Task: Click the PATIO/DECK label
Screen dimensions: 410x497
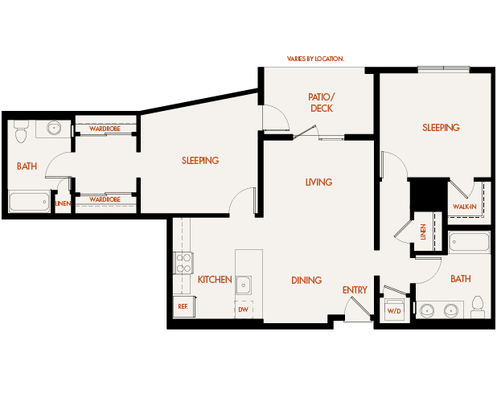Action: click(x=320, y=102)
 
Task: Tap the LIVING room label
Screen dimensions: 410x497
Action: click(x=318, y=182)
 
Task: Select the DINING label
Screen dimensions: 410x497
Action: click(x=306, y=281)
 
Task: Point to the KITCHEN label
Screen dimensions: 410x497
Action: click(x=215, y=280)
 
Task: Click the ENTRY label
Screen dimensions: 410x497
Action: click(x=355, y=290)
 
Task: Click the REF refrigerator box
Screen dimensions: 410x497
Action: click(x=182, y=306)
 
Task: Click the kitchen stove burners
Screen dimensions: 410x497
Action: click(x=183, y=263)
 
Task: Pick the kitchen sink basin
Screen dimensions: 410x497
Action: click(x=244, y=284)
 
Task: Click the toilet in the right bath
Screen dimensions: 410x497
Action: click(x=478, y=306)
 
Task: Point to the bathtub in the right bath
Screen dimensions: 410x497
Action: click(x=469, y=242)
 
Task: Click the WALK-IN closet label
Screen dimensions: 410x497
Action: click(x=464, y=207)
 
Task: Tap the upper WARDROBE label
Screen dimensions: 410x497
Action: click(x=105, y=129)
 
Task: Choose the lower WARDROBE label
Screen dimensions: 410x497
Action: click(x=105, y=199)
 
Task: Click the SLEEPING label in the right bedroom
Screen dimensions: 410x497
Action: click(x=441, y=128)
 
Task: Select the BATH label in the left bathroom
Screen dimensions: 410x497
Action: click(x=27, y=166)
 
